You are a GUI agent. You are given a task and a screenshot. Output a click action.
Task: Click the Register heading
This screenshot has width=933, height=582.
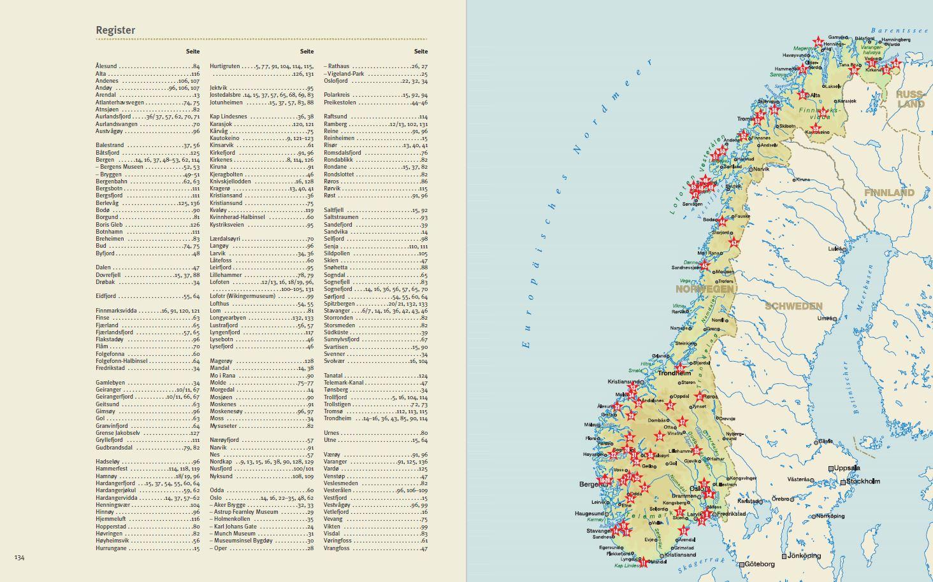[115, 30]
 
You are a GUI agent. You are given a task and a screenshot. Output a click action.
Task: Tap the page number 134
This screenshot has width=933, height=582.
[20, 558]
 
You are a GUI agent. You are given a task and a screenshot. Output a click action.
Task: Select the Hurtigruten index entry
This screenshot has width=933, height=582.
[225, 66]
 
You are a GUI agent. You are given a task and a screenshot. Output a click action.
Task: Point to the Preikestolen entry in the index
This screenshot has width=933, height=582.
[340, 103]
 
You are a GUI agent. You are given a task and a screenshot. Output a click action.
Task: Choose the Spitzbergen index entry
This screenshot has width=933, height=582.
[341, 304]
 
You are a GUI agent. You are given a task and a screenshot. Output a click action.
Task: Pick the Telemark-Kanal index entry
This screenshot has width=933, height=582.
[344, 383]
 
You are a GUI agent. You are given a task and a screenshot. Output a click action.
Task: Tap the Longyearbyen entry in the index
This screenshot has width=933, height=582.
[228, 318]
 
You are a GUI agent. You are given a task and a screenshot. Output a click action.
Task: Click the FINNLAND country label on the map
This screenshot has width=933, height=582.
[889, 192]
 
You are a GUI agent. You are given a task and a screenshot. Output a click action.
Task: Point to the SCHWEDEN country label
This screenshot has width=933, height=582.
[793, 306]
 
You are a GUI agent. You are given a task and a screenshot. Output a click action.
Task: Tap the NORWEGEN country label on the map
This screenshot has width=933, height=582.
[704, 288]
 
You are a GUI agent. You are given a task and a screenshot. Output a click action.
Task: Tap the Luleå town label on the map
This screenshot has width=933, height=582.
[835, 249]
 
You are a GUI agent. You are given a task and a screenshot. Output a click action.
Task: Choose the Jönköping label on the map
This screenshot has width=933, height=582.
[804, 556]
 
